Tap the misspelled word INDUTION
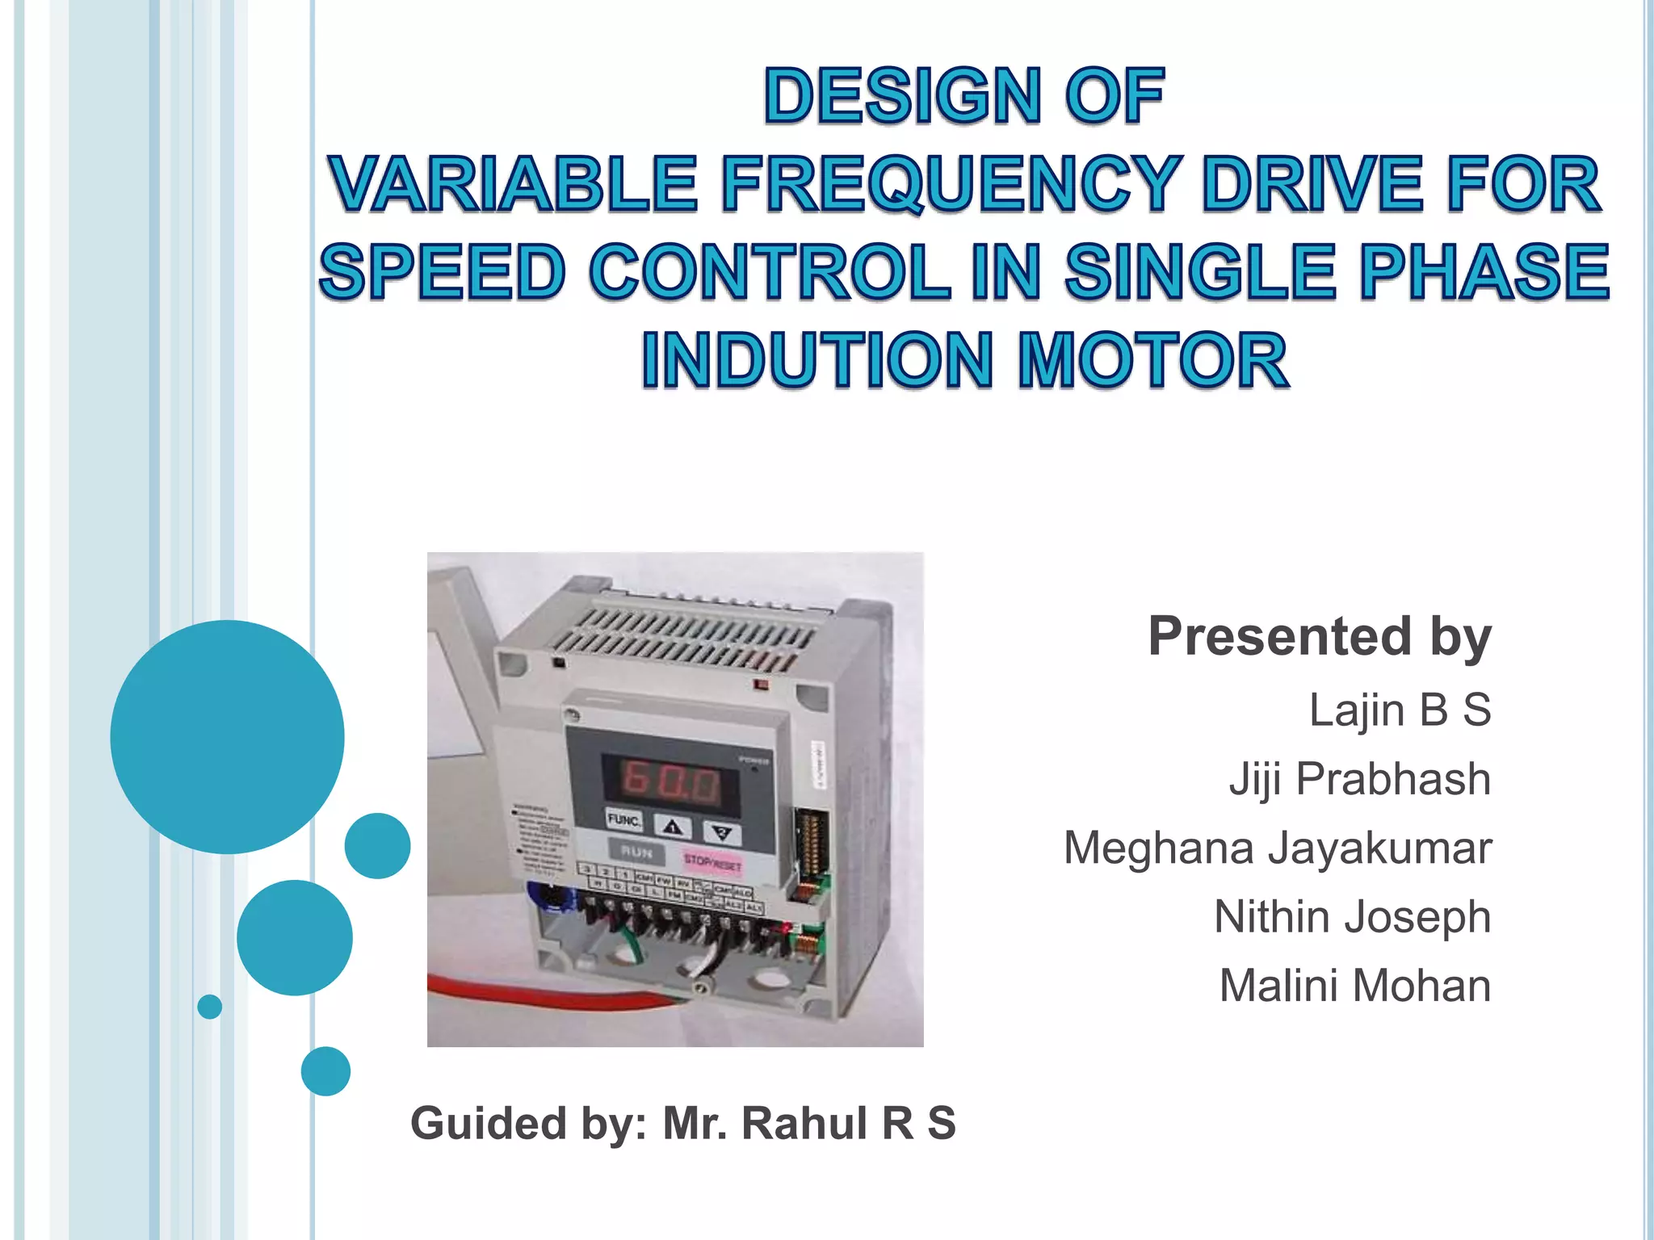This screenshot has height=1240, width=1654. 817,360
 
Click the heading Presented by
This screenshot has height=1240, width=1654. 1319,637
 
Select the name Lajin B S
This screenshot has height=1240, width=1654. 1399,710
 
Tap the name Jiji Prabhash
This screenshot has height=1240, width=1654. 1359,779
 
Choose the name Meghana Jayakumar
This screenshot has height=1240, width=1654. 1277,848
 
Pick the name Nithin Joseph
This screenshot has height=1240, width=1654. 1351,917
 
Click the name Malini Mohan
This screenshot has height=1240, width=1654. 1354,986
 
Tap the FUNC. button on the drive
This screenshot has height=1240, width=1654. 623,820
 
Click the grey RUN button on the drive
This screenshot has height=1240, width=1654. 636,852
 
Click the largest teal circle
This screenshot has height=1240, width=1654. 227,736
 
